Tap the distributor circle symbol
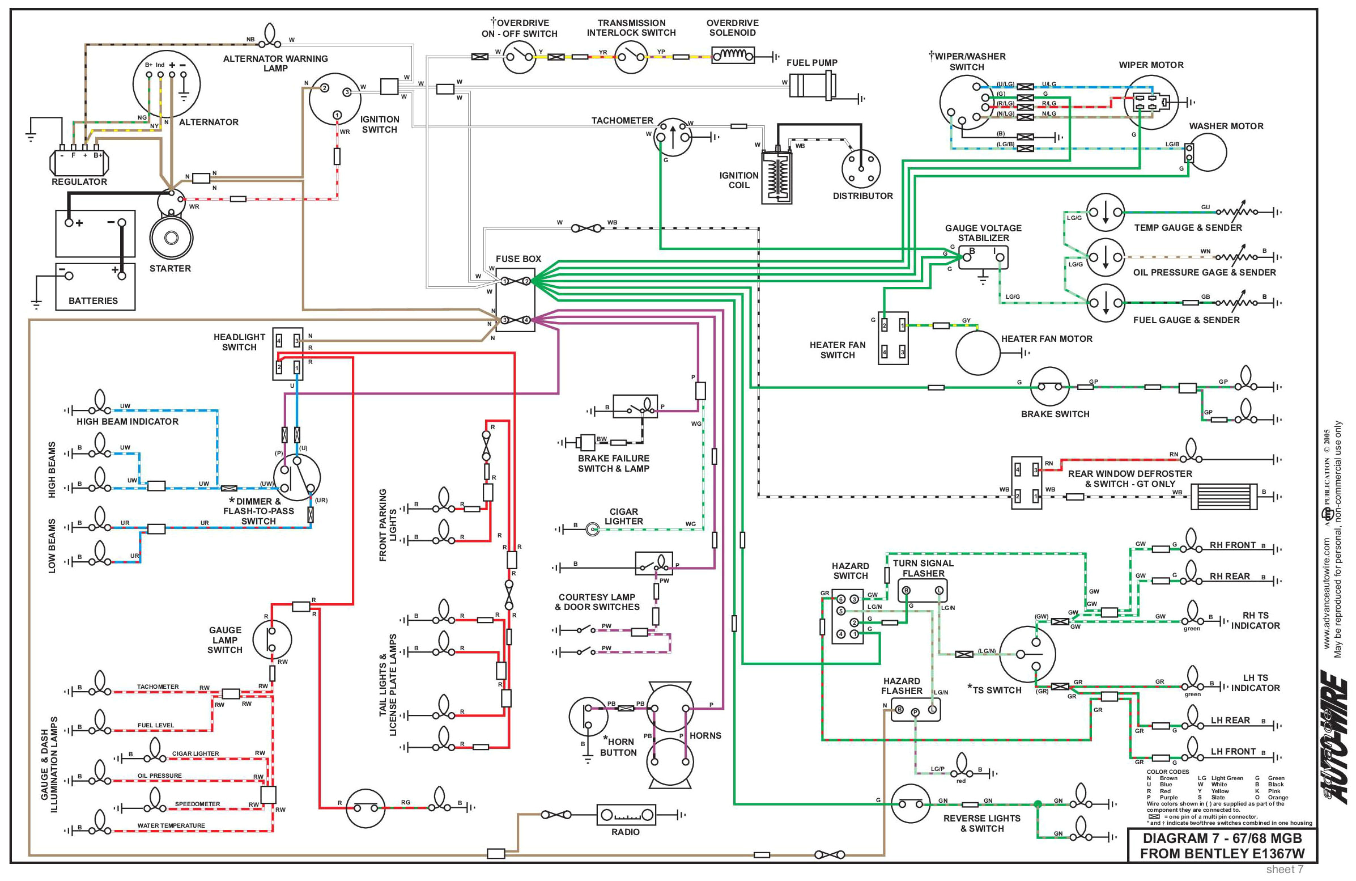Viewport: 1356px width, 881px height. (x=861, y=169)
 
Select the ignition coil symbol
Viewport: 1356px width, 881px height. (x=776, y=177)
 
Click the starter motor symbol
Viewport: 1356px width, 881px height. (x=171, y=238)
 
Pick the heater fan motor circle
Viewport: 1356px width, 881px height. (x=977, y=353)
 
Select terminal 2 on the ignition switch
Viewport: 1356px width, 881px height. (x=324, y=88)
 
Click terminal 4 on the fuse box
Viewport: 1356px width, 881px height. (x=526, y=320)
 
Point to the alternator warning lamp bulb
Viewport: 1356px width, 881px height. (x=270, y=36)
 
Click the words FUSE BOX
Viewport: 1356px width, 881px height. (x=518, y=259)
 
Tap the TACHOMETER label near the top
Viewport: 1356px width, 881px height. (x=622, y=121)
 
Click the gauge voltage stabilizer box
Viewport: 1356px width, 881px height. (x=983, y=257)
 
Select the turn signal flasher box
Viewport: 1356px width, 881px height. (x=923, y=590)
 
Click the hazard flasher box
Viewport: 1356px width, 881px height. (x=915, y=710)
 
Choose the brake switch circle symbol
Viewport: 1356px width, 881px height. (x=1049, y=387)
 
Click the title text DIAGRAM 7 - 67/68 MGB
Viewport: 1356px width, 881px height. (x=1222, y=838)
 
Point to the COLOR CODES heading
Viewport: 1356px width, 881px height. (x=1167, y=772)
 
